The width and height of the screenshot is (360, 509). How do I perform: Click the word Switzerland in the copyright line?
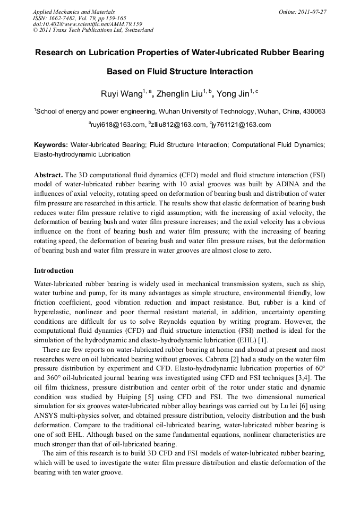point(134,30)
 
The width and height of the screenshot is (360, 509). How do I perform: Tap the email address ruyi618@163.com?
point(117,125)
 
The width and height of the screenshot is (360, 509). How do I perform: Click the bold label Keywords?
point(50,144)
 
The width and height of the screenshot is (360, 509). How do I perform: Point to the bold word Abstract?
point(48,175)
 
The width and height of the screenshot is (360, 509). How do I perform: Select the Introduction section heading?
point(54,271)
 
